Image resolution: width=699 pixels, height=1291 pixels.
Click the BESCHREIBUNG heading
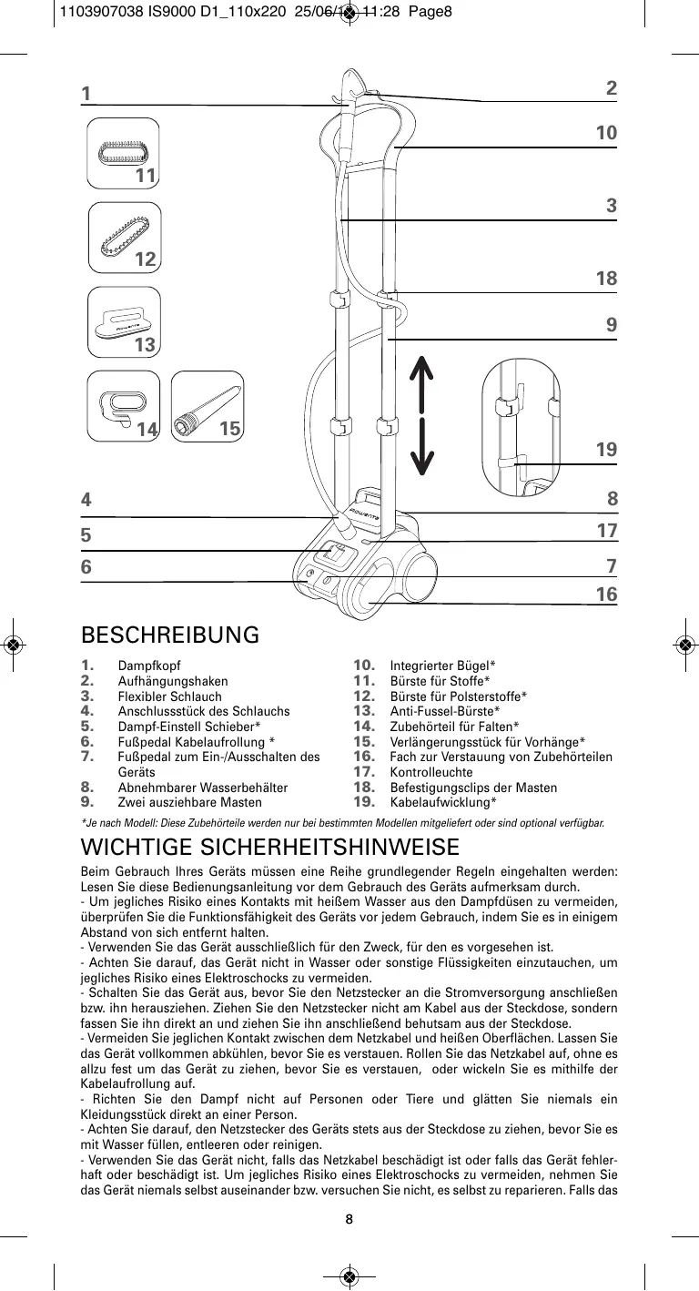170,635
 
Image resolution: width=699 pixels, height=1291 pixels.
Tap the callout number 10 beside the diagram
606,133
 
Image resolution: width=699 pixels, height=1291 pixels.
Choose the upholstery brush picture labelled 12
127,238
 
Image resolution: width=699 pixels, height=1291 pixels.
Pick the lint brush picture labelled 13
127,323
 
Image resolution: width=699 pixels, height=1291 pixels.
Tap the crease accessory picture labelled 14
125,406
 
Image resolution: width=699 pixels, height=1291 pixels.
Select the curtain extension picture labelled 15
208,406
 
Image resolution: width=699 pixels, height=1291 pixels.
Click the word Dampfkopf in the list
148,666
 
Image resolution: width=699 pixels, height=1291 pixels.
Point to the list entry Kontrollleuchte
431,772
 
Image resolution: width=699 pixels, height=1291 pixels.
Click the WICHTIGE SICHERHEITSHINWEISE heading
270,849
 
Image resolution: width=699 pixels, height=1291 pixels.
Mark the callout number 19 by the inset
606,450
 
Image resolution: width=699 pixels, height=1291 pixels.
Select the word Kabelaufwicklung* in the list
443,802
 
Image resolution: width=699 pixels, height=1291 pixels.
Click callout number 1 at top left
86,94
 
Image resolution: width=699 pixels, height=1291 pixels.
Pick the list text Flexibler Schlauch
169,696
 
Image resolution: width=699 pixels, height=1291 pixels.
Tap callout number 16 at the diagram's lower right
606,595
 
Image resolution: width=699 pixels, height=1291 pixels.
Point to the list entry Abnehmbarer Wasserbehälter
202,787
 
